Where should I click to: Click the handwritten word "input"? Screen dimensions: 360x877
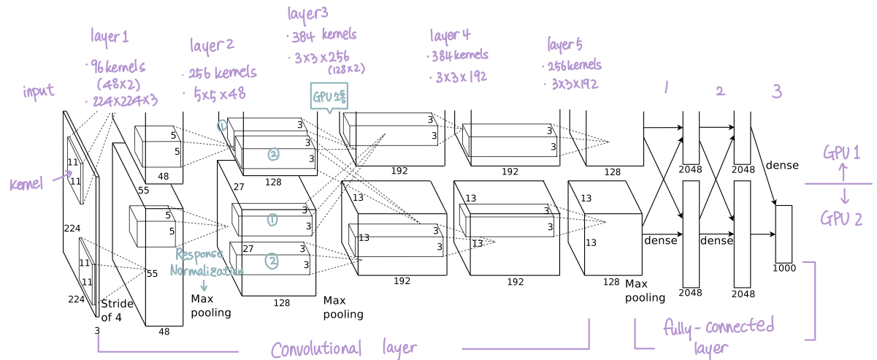pyautogui.click(x=38, y=91)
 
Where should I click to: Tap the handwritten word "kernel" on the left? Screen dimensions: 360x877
pyautogui.click(x=27, y=184)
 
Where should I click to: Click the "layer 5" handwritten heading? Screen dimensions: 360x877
pyautogui.click(x=564, y=45)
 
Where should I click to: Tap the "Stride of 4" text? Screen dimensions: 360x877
pyautogui.click(x=117, y=310)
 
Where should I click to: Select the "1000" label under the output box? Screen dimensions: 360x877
pyautogui.click(x=784, y=267)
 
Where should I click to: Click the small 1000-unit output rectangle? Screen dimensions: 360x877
pyautogui.click(x=783, y=234)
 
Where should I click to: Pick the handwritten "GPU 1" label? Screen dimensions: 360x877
pyautogui.click(x=841, y=153)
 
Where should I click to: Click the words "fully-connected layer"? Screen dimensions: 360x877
pyautogui.click(x=719, y=334)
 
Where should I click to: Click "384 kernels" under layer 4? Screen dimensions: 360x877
pyautogui.click(x=458, y=55)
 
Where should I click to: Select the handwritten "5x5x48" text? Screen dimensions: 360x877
pyautogui.click(x=219, y=93)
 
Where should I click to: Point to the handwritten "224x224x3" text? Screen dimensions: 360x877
pyautogui.click(x=124, y=99)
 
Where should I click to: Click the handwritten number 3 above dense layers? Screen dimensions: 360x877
pyautogui.click(x=776, y=91)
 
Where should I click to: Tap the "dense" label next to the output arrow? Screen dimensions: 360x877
pyautogui.click(x=781, y=165)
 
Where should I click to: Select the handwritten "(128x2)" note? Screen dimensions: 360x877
pyautogui.click(x=346, y=69)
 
